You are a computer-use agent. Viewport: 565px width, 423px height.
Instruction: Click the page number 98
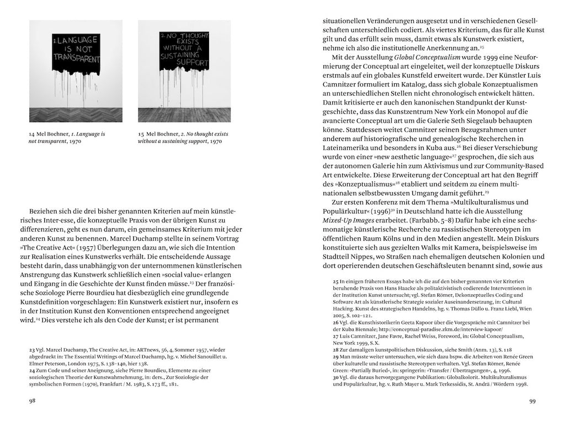click(32, 401)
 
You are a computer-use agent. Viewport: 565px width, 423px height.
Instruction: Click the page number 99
click(532, 401)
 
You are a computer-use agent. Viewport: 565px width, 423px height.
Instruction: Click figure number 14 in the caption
click(31, 134)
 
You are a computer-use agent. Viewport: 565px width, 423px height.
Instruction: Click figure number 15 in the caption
click(141, 134)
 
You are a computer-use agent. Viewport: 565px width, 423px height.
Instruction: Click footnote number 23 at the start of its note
click(32, 349)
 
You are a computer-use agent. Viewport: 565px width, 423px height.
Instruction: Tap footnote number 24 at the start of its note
click(32, 371)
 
